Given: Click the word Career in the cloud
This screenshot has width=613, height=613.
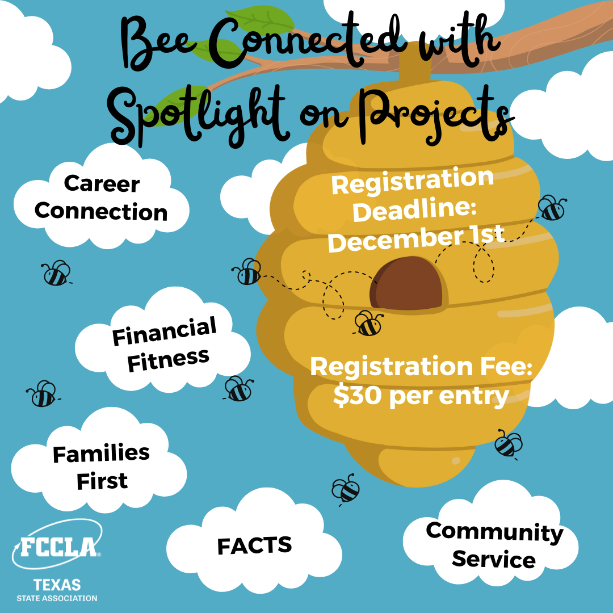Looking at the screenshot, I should (102, 184).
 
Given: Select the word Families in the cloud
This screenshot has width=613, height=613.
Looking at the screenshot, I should (101, 454).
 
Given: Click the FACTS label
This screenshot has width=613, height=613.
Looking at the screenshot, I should (254, 546).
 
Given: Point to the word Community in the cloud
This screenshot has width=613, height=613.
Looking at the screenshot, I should (494, 532).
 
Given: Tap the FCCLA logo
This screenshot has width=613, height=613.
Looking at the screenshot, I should (59, 547).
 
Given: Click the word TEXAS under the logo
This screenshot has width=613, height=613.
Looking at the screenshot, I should (57, 585).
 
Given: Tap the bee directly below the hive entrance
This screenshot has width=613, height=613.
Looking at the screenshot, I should (369, 324).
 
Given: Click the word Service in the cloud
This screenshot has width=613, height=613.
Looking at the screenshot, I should (493, 560).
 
